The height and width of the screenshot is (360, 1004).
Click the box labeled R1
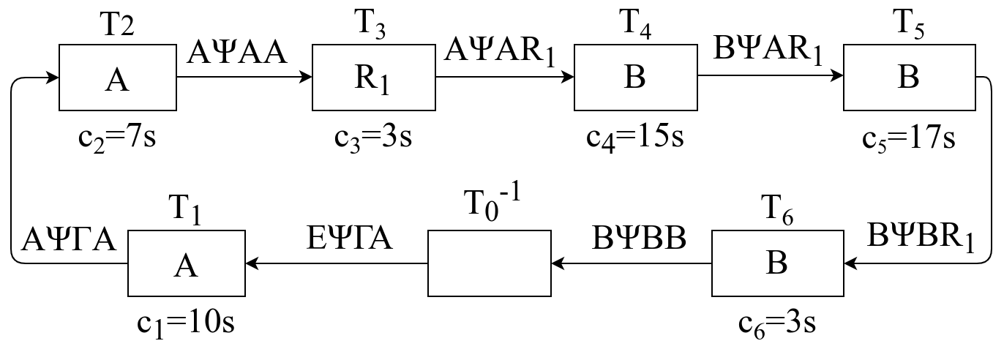pyautogui.click(x=375, y=77)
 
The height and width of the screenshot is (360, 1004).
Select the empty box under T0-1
pyautogui.click(x=489, y=263)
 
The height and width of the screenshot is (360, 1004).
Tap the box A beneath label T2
pyautogui.click(x=117, y=77)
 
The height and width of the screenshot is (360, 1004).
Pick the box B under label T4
pyautogui.click(x=635, y=77)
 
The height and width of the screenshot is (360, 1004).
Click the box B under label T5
pyautogui.click(x=907, y=77)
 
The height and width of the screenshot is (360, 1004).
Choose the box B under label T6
pyautogui.click(x=776, y=263)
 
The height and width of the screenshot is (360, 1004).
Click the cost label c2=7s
pyautogui.click(x=117, y=137)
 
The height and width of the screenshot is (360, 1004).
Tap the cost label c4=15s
pyautogui.click(x=635, y=137)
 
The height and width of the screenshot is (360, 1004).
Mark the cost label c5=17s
pyautogui.click(x=907, y=137)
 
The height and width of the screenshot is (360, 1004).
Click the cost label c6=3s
pyautogui.click(x=776, y=322)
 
